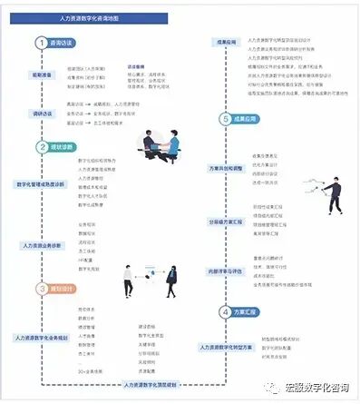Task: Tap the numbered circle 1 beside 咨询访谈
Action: (x=42, y=43)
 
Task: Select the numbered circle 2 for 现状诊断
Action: (x=42, y=146)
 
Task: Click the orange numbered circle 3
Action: (x=42, y=289)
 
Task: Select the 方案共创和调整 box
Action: (x=226, y=168)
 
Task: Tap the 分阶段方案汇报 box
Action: (x=227, y=221)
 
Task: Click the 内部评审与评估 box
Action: (x=227, y=270)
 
